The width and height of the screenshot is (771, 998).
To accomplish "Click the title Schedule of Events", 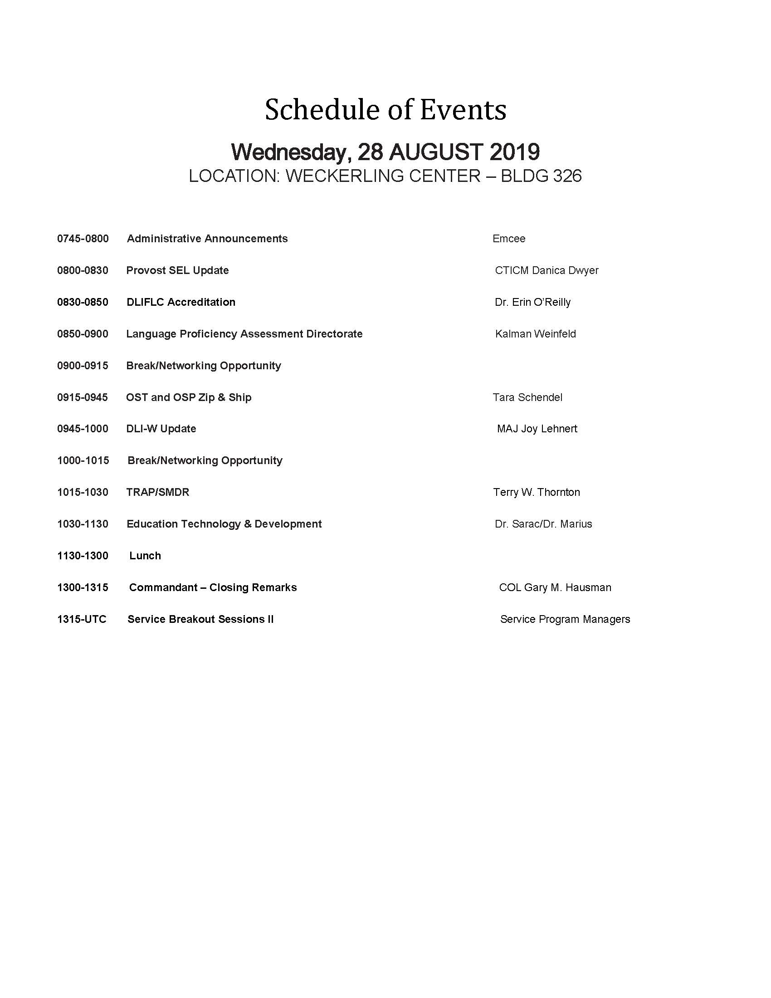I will tap(385, 110).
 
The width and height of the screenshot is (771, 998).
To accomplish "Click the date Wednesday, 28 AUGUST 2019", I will tap(385, 152).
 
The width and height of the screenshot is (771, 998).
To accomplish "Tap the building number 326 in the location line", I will tap(567, 176).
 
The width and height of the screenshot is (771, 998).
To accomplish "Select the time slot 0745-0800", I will tap(83, 239).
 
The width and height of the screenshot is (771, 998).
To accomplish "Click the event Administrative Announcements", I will tap(207, 239).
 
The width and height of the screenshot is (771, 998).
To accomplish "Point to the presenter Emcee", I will tap(508, 239).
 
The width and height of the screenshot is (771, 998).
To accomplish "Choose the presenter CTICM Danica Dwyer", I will tap(547, 270).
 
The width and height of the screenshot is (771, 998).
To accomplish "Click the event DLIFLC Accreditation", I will tap(181, 302).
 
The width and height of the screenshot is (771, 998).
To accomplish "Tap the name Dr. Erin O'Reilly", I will tap(532, 302).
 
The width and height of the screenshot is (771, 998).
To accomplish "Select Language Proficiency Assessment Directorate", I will tap(244, 334).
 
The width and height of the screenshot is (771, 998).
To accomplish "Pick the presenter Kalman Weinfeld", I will tap(535, 334).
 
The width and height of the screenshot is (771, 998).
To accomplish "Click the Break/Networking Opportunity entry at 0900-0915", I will tap(203, 366).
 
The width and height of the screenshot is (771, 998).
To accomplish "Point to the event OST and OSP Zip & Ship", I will tap(188, 397).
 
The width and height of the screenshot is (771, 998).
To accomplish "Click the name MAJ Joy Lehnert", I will tap(537, 429).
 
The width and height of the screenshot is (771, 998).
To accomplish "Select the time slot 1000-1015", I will tap(83, 460).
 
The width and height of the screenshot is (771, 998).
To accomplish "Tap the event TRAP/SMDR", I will tap(157, 492).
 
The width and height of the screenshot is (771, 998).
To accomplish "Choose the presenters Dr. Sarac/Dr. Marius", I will tap(543, 524).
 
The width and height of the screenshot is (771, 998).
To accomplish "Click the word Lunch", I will tap(145, 556).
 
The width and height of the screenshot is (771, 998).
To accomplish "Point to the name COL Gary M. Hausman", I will tap(555, 587).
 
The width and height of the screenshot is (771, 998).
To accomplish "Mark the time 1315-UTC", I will tap(81, 619).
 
